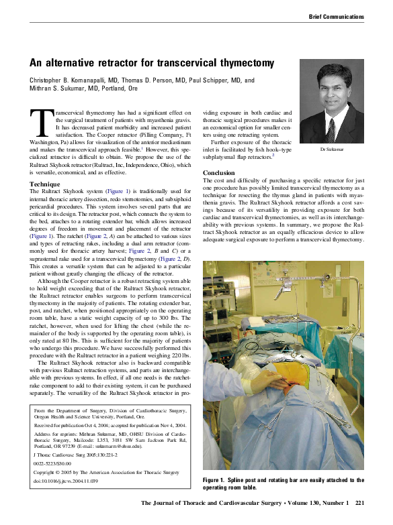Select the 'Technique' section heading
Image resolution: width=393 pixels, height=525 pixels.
coord(45,184)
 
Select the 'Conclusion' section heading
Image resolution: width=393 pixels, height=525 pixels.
coord(218,172)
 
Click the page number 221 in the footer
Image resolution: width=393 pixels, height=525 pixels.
coord(359,503)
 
